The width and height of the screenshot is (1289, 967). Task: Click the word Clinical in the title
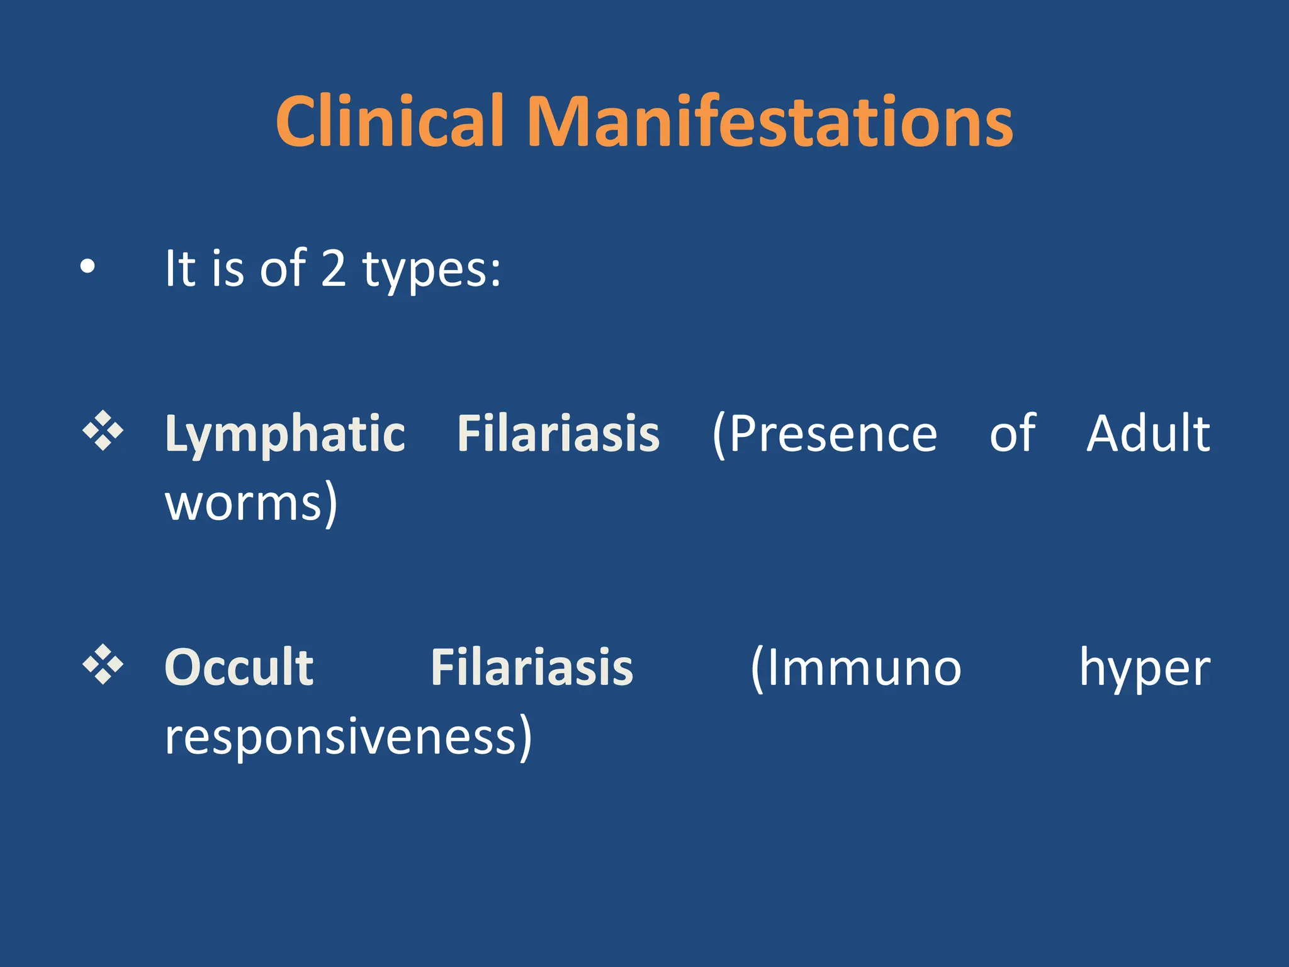390,121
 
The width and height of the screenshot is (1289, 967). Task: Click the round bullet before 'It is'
87,267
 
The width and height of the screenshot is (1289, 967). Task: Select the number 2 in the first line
334,268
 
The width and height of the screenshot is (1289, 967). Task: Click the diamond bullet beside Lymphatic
103,432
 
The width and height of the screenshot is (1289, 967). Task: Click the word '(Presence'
825,434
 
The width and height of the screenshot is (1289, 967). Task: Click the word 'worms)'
251,504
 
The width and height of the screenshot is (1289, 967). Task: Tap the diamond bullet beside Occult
103,665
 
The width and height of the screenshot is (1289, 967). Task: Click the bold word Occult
239,667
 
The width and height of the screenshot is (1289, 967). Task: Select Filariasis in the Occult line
532,667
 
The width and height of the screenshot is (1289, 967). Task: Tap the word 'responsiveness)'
348,738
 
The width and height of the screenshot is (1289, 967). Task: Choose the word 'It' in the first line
180,268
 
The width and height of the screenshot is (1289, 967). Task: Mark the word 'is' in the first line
227,269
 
